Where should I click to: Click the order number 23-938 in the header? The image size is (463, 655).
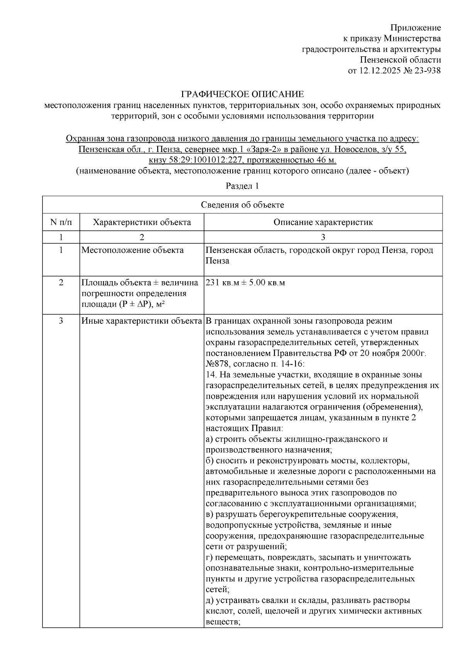click(x=426, y=71)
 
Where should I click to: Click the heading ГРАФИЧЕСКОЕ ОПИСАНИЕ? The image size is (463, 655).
click(x=243, y=94)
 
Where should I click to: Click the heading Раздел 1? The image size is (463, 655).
click(x=242, y=186)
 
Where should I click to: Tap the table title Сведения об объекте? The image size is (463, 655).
click(x=242, y=205)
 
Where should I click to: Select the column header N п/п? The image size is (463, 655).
click(x=61, y=222)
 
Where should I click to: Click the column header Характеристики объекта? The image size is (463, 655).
click(x=142, y=222)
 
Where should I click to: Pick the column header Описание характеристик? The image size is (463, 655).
click(x=323, y=222)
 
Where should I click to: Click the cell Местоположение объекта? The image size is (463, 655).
click(x=133, y=250)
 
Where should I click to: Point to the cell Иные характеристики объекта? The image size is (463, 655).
click(x=142, y=321)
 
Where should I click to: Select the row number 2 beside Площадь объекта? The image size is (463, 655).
click(x=61, y=283)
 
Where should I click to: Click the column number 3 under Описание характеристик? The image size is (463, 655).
click(x=323, y=237)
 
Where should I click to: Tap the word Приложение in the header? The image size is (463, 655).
click(x=416, y=28)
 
